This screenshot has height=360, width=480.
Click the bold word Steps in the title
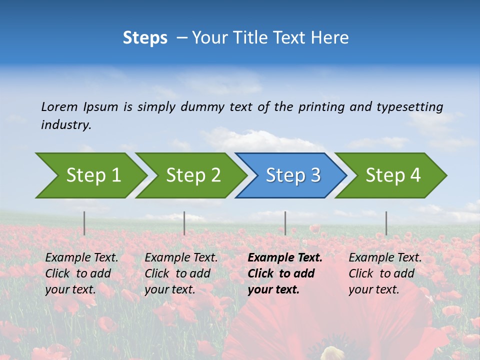[x=145, y=38]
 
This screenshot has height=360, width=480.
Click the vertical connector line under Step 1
[x=84, y=223]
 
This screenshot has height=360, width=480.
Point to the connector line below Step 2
[x=184, y=223]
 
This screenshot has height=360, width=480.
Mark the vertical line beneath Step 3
[x=285, y=223]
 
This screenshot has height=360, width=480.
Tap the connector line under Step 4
[x=386, y=223]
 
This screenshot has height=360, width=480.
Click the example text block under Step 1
[x=81, y=273]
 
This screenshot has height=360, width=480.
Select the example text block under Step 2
[x=181, y=273]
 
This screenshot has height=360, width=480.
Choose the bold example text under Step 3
[x=285, y=273]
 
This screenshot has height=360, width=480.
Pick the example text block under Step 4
[x=385, y=273]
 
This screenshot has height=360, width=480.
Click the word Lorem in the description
[x=59, y=107]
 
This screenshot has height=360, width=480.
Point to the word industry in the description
[x=66, y=125]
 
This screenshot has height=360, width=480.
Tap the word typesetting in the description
[x=409, y=107]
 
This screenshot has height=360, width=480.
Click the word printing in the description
[x=321, y=107]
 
